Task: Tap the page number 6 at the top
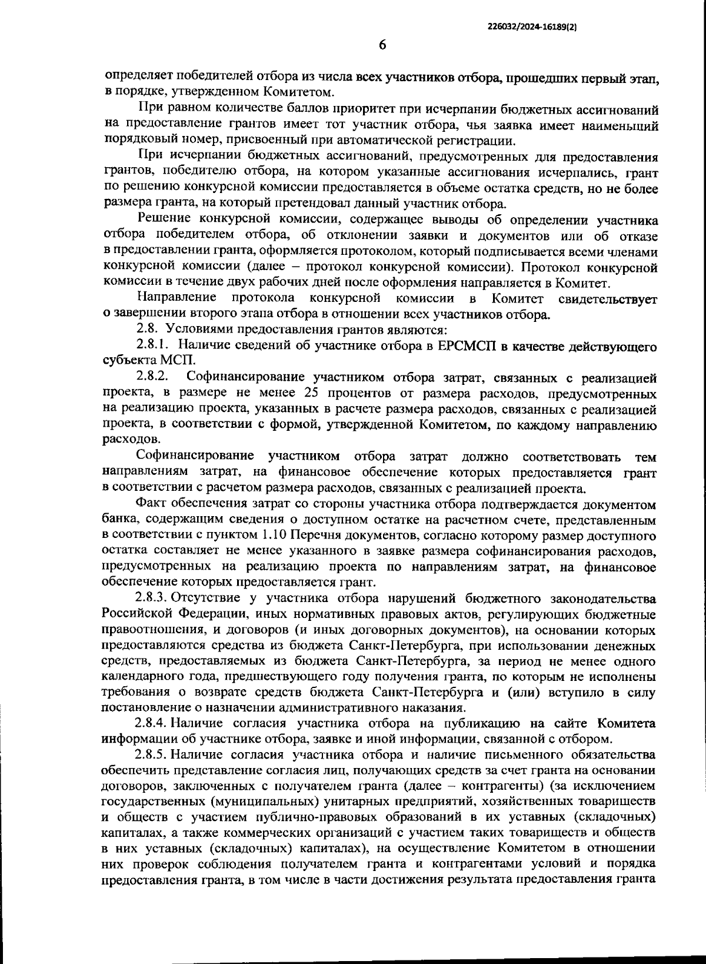[x=382, y=45]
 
